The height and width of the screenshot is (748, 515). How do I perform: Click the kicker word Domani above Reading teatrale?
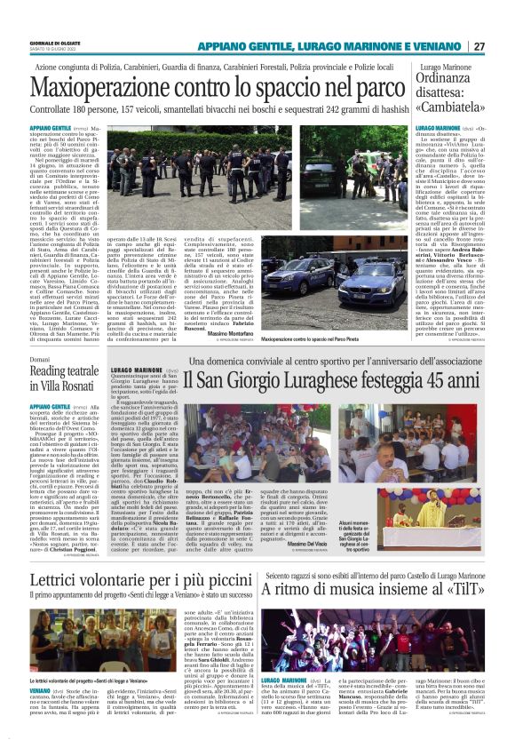click(x=42, y=359)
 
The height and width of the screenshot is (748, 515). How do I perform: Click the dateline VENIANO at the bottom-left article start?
click(x=39, y=689)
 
